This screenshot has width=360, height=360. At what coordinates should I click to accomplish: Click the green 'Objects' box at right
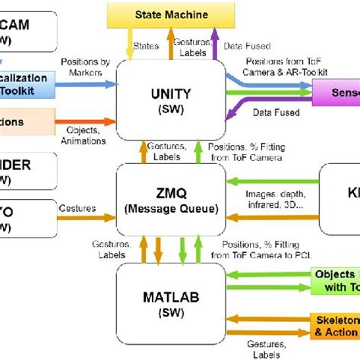click(x=334, y=280)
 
